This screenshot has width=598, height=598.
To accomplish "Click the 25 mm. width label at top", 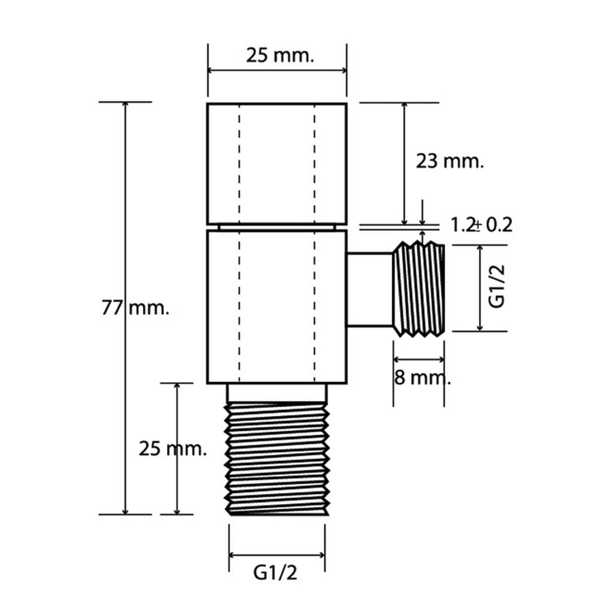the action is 279,56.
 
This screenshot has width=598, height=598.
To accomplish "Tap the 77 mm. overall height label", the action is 135,308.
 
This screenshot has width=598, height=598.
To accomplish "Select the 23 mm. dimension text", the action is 450,161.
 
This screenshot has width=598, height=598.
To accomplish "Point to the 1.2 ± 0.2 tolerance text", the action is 481,225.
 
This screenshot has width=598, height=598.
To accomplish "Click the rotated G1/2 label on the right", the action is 497,286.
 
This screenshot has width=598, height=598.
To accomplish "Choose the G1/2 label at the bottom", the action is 275,572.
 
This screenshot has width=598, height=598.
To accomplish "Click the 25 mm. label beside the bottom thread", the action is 173,448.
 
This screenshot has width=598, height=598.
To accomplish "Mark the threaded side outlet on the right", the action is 419,289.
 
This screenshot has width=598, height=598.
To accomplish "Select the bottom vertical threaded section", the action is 277,459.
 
